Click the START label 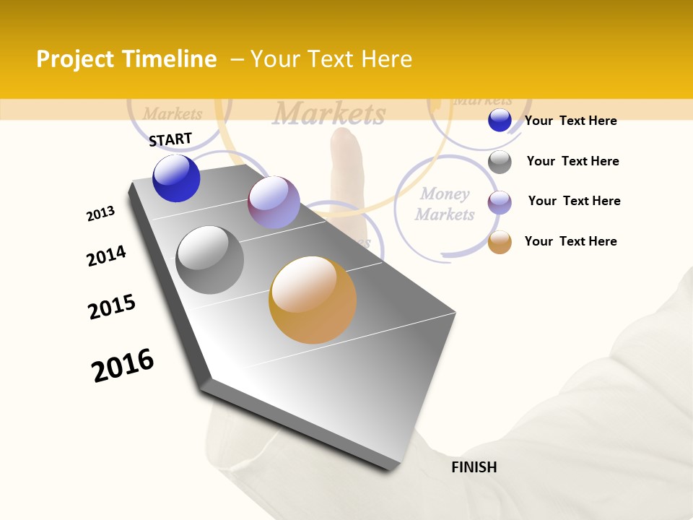click(x=170, y=139)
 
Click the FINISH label click(x=474, y=467)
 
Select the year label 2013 click(x=100, y=214)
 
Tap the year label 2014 click(x=106, y=256)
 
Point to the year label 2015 click(x=112, y=307)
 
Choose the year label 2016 click(x=123, y=365)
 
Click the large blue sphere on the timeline click(x=176, y=178)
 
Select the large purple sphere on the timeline click(x=274, y=202)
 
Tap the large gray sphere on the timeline click(x=209, y=260)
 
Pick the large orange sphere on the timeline click(x=313, y=300)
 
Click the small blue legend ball click(x=500, y=121)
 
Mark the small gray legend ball click(x=500, y=161)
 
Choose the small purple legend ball click(x=500, y=201)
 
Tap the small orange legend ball click(x=500, y=242)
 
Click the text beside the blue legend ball click(x=570, y=121)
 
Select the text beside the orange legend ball click(x=570, y=241)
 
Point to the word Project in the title click(x=76, y=59)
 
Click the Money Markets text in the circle click(x=445, y=204)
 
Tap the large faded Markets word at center click(x=329, y=114)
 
